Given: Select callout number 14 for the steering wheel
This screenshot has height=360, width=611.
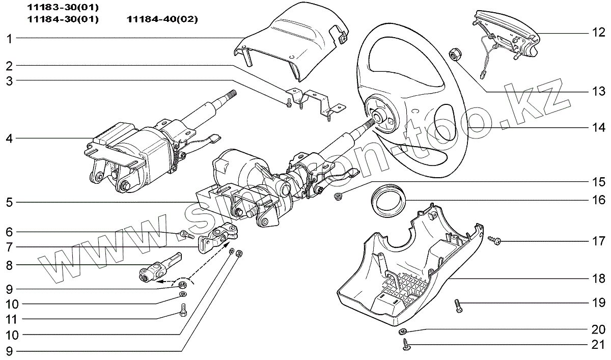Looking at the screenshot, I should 598,127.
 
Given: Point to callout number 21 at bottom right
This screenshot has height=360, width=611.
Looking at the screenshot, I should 598,345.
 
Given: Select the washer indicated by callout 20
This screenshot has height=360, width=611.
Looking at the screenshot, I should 403,332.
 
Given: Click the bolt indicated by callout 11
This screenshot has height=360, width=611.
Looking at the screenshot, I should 184,309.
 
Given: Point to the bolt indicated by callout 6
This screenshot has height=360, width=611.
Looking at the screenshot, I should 185,235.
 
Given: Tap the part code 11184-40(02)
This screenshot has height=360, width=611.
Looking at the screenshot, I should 162,19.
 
